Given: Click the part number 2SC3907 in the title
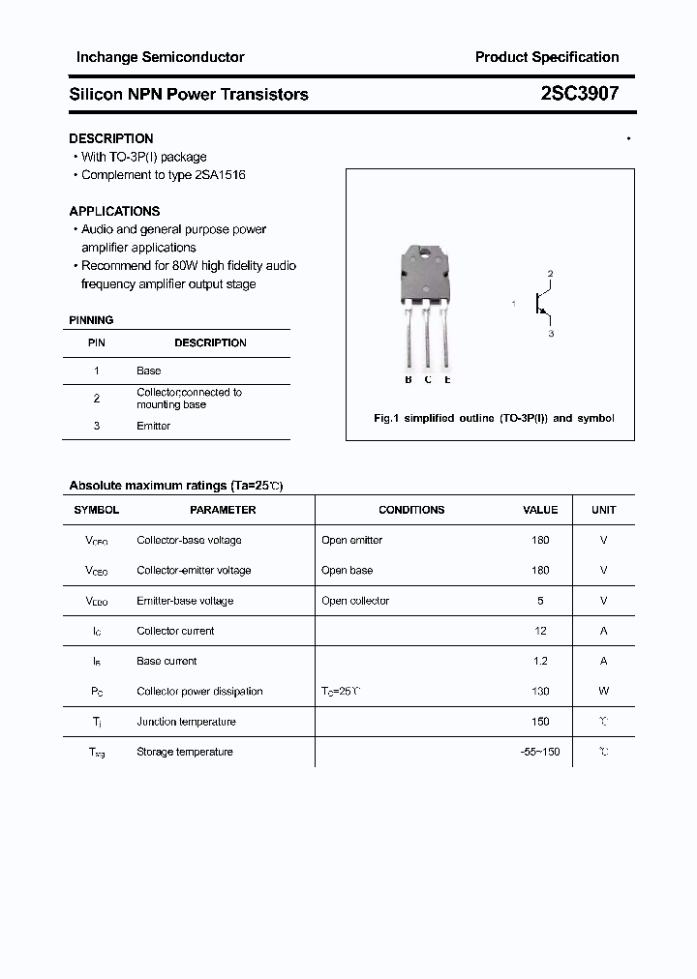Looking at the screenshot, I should coord(580,94).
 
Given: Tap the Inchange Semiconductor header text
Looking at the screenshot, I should coord(160,57).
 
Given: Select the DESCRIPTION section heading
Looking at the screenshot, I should coord(111,138).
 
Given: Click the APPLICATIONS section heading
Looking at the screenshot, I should coord(114,211).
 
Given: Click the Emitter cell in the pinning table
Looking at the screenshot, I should coord(153,426).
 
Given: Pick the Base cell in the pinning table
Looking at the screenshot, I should coord(149,371).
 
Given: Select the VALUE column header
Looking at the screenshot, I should coord(540,510).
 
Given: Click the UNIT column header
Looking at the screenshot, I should coord(603,510).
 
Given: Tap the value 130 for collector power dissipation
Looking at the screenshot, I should coord(540,691).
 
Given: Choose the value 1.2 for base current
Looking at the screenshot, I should coord(540,661).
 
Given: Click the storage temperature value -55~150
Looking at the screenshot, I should coord(540,752).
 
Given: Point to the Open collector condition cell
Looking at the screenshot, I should coord(355,601).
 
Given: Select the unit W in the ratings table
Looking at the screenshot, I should coord(603,691).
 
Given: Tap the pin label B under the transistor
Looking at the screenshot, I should coord(409,379).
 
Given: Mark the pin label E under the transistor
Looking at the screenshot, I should coord(447,379).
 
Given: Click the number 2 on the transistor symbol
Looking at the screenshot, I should coord(550,275).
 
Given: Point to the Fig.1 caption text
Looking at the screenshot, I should coord(494,418).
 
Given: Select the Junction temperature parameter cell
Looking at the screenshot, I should coord(186,722).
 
